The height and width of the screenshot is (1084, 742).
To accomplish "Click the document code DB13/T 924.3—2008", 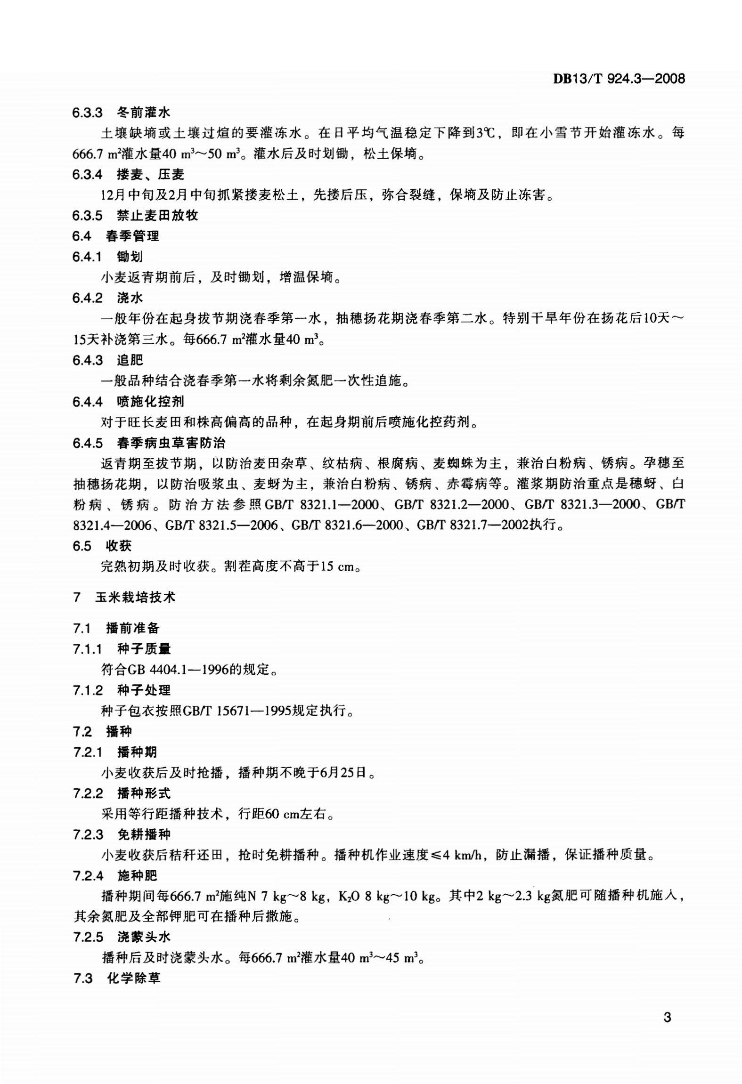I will click(619, 79).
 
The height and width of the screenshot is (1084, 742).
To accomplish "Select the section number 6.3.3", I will click(87, 113).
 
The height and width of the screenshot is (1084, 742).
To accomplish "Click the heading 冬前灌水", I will click(144, 113).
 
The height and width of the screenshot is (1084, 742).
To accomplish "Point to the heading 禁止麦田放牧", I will click(158, 216).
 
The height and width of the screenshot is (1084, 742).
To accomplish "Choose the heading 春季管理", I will click(132, 236).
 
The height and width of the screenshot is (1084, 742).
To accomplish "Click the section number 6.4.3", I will click(87, 361).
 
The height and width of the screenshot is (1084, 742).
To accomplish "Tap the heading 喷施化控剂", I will click(151, 402).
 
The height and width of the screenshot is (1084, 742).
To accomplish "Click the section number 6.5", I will click(82, 546).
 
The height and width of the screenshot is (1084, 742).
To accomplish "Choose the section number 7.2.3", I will click(88, 835).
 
